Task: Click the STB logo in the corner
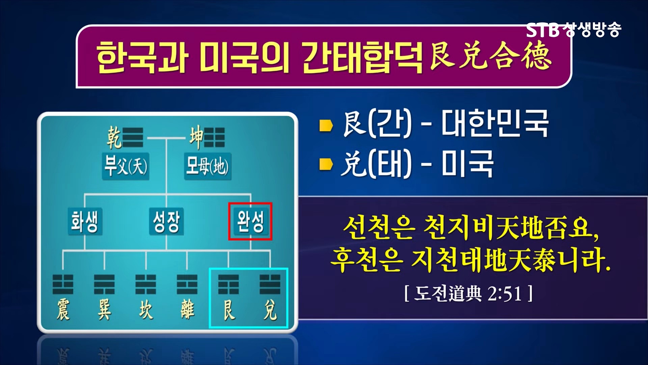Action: pyautogui.click(x=543, y=30)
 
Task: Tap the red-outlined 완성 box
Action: pyautogui.click(x=250, y=221)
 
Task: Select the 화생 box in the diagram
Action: pyautogui.click(x=85, y=221)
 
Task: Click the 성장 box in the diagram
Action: pyautogui.click(x=166, y=221)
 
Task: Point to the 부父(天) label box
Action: pyautogui.click(x=126, y=166)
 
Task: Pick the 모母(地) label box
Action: pyautogui.click(x=207, y=166)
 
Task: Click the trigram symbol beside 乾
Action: pyautogui.click(x=133, y=138)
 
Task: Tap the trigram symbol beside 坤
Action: pyautogui.click(x=215, y=138)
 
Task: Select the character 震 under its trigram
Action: pyautogui.click(x=63, y=310)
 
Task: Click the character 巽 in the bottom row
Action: pyautogui.click(x=104, y=310)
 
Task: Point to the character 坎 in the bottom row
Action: pyautogui.click(x=146, y=310)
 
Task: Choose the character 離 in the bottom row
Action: pyautogui.click(x=187, y=310)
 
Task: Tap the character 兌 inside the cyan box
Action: pyautogui.click(x=270, y=310)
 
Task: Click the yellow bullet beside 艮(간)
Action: pyautogui.click(x=326, y=125)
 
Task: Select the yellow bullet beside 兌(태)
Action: pyautogui.click(x=326, y=165)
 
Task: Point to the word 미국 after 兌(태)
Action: pyautogui.click(x=467, y=164)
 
